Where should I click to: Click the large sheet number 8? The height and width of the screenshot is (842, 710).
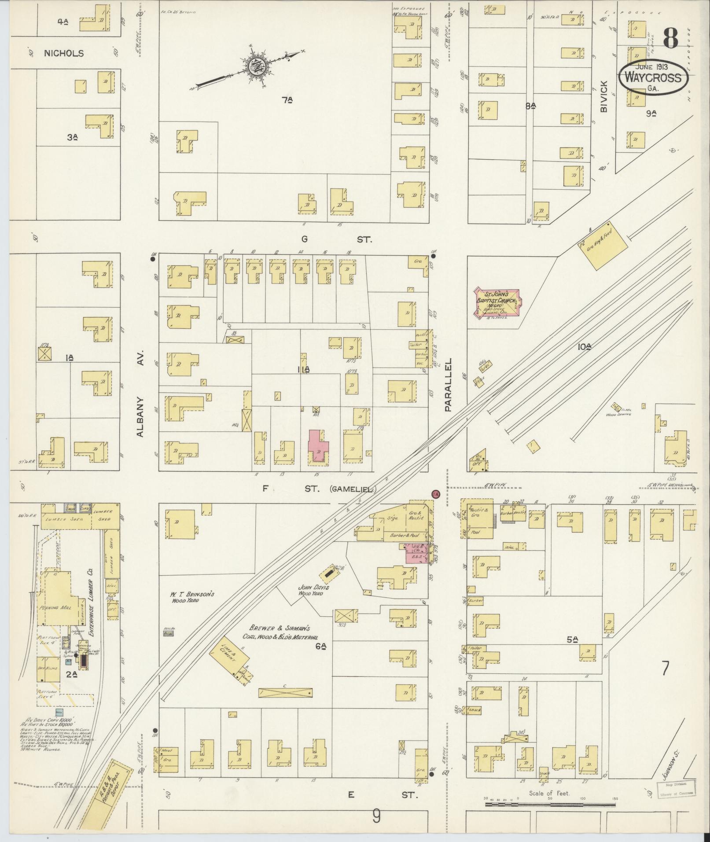tap(670, 38)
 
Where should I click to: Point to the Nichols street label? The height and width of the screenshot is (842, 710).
tap(64, 53)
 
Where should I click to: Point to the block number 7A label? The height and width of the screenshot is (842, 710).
tap(287, 100)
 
